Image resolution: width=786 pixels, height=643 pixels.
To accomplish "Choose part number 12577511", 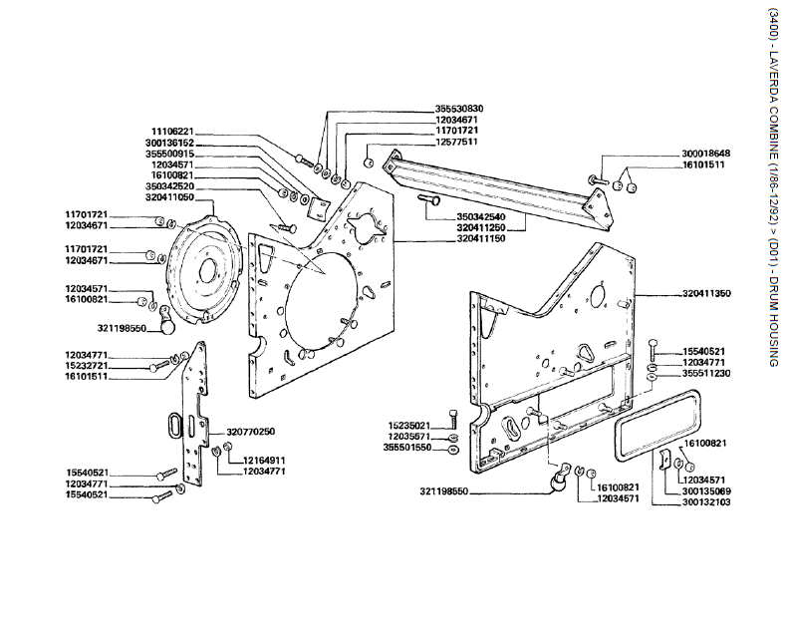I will pyautogui.click(x=456, y=142).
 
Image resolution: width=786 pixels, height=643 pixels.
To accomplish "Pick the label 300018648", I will pyautogui.click(x=706, y=154).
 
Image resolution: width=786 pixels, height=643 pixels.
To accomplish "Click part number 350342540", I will pyautogui.click(x=481, y=216).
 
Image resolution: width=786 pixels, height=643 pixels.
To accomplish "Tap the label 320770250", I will pyautogui.click(x=250, y=431).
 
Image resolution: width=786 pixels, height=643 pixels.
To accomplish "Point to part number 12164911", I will pyautogui.click(x=265, y=461).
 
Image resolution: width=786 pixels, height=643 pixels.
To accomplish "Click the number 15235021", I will pyautogui.click(x=409, y=426).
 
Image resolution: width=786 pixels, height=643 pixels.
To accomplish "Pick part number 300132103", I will pyautogui.click(x=707, y=502).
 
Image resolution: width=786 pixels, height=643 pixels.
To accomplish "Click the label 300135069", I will pyautogui.click(x=707, y=491).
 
